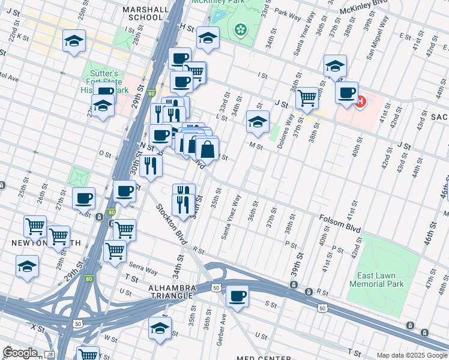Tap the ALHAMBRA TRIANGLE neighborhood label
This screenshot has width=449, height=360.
click(x=172, y=292)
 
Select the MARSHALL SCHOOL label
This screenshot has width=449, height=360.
click(x=142, y=13)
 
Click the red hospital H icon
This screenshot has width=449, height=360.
click(x=361, y=102)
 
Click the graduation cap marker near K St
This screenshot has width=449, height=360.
click(x=74, y=41)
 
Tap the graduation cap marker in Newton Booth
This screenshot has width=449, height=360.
click(x=27, y=266)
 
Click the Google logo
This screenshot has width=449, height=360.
click(x=20, y=353)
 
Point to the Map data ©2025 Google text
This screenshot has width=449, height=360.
click(x=411, y=355)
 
